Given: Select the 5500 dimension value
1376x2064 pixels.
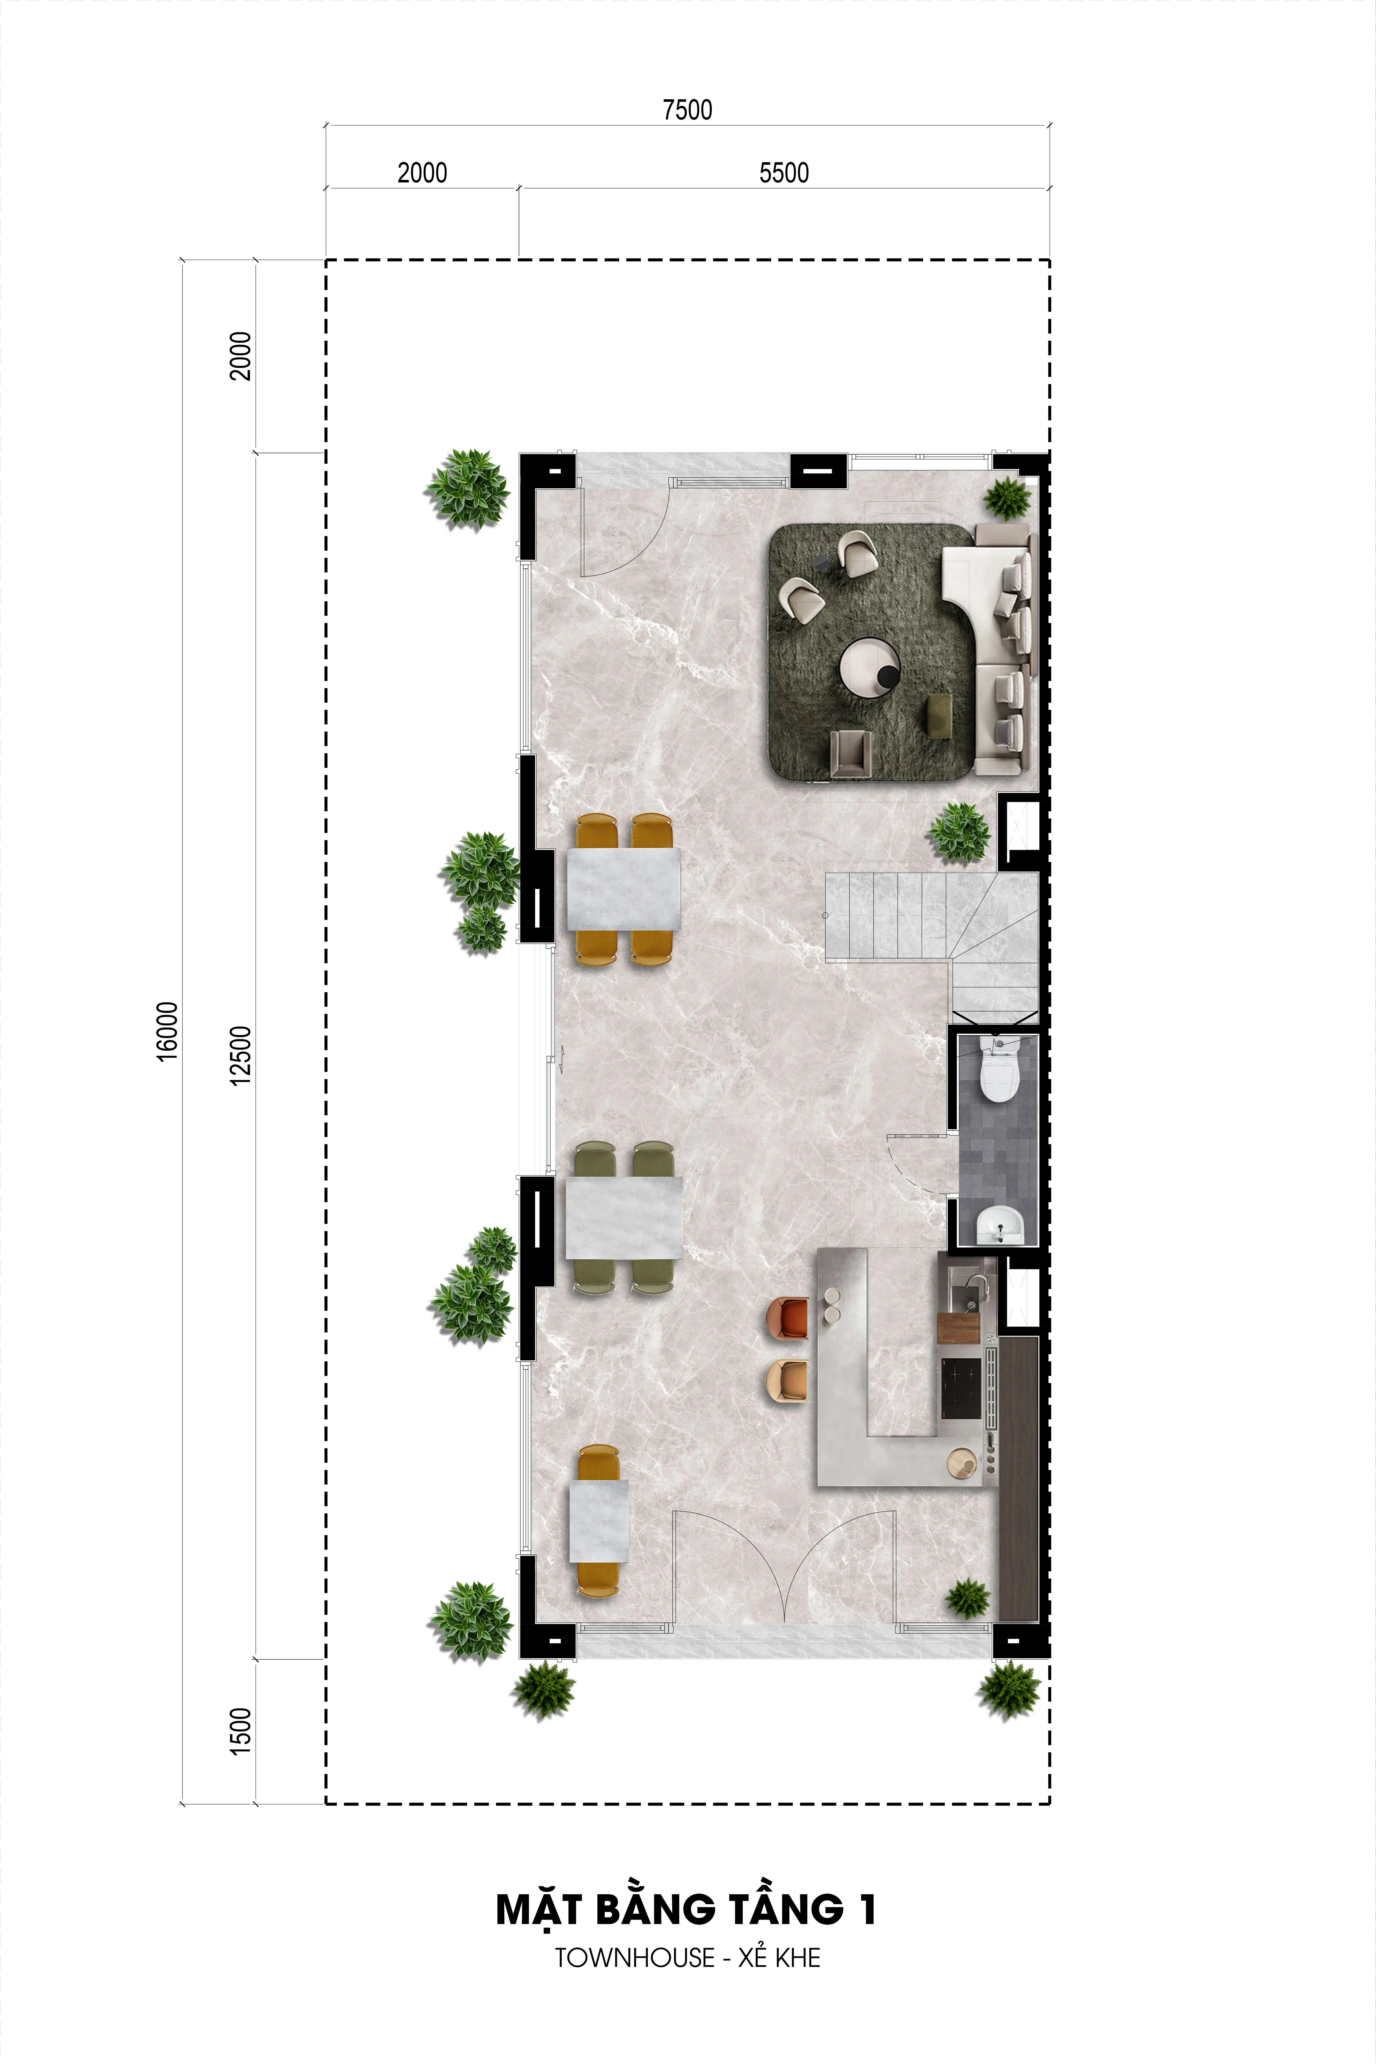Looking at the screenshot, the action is pyautogui.click(x=784, y=173).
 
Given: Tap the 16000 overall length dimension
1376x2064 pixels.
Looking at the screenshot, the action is pyautogui.click(x=167, y=1032).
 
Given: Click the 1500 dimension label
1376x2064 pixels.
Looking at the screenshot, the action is pyautogui.click(x=240, y=1731).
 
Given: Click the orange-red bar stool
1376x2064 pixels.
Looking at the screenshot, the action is pyautogui.click(x=787, y=1319).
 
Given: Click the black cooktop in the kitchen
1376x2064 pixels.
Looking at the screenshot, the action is pyautogui.click(x=961, y=1388).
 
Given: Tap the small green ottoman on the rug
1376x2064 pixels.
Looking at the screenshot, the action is pyautogui.click(x=942, y=712).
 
